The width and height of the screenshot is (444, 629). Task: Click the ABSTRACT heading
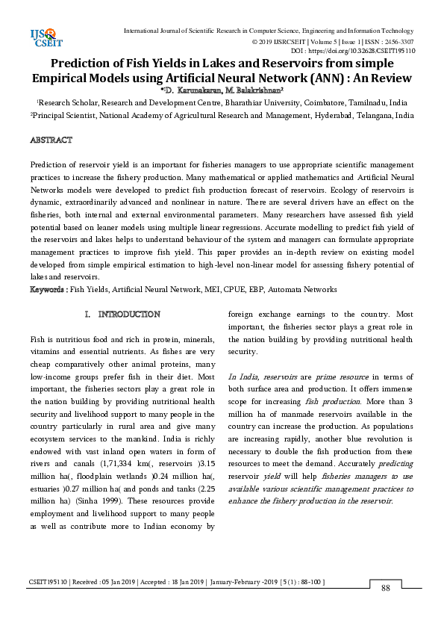tap(51, 140)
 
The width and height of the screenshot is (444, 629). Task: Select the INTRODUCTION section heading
tap(129, 314)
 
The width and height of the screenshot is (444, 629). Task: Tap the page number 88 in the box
tap(386, 589)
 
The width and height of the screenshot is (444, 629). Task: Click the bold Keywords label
tap(49, 289)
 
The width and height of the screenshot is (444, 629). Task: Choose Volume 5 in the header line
tap(319, 41)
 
